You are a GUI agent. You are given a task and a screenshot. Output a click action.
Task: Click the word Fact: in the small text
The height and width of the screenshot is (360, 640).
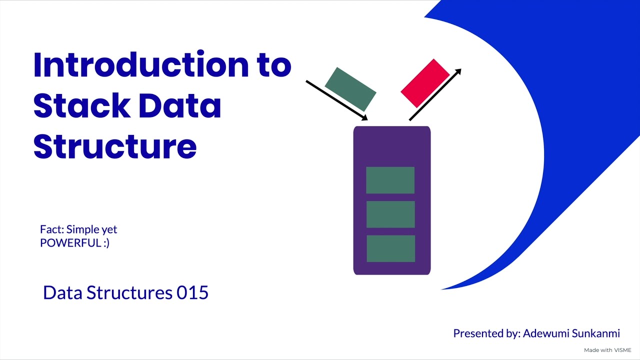pyautogui.click(x=52, y=229)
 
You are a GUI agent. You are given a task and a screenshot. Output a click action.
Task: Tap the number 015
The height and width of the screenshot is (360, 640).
pyautogui.click(x=192, y=292)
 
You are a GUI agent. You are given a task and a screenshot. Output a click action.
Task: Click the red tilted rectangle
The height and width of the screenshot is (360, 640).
pyautogui.click(x=425, y=83)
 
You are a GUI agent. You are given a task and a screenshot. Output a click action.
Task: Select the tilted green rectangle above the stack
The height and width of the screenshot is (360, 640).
pyautogui.click(x=350, y=89)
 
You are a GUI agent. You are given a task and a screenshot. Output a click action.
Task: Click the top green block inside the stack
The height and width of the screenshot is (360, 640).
pyautogui.click(x=390, y=180)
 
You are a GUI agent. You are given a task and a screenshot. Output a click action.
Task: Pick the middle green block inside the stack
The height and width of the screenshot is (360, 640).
pyautogui.click(x=390, y=214)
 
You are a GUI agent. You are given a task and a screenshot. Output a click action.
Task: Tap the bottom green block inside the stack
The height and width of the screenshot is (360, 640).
pyautogui.click(x=390, y=248)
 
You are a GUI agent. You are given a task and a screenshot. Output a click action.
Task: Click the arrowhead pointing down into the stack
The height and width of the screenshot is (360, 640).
pyautogui.click(x=365, y=118)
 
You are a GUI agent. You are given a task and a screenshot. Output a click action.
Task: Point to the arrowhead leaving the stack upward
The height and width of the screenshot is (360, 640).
pyautogui.click(x=457, y=72)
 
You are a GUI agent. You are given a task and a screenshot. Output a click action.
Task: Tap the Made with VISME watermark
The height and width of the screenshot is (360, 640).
pyautogui.click(x=607, y=350)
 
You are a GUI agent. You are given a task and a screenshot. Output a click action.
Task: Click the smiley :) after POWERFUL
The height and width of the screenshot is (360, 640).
pyautogui.click(x=104, y=243)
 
